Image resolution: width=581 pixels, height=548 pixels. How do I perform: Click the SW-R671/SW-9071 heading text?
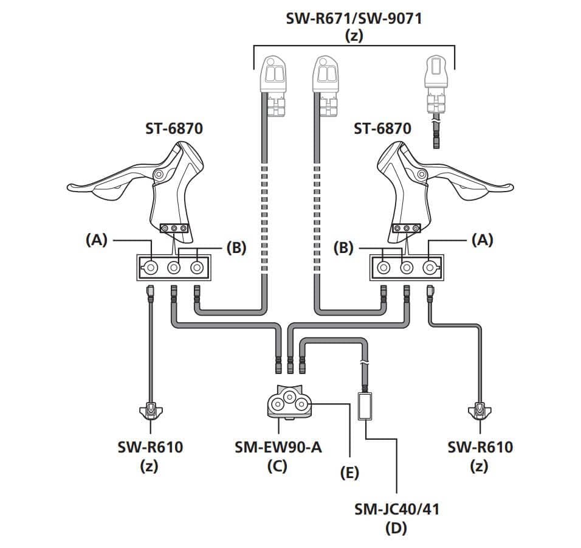[x=354, y=18]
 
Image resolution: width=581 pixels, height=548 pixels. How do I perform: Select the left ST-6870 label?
[x=174, y=128]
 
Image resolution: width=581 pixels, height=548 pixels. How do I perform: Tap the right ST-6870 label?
[x=382, y=128]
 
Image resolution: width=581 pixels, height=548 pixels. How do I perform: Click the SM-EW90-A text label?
[x=278, y=448]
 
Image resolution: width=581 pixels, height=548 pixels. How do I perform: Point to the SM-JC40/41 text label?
[x=396, y=508]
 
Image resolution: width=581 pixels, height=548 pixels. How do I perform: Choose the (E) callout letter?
[x=349, y=472]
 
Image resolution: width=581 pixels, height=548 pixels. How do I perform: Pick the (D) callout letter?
[x=396, y=528]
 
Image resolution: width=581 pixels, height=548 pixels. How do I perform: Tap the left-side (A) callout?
[x=96, y=240]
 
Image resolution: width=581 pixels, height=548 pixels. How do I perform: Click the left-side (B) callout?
[x=236, y=248]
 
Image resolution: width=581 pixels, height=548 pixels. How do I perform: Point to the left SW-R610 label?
[x=150, y=448]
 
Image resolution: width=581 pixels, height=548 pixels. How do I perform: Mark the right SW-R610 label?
[x=480, y=448]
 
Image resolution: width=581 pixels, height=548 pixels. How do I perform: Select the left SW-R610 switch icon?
[x=150, y=412]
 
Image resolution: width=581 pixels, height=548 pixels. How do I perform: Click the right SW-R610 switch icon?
[x=480, y=412]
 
